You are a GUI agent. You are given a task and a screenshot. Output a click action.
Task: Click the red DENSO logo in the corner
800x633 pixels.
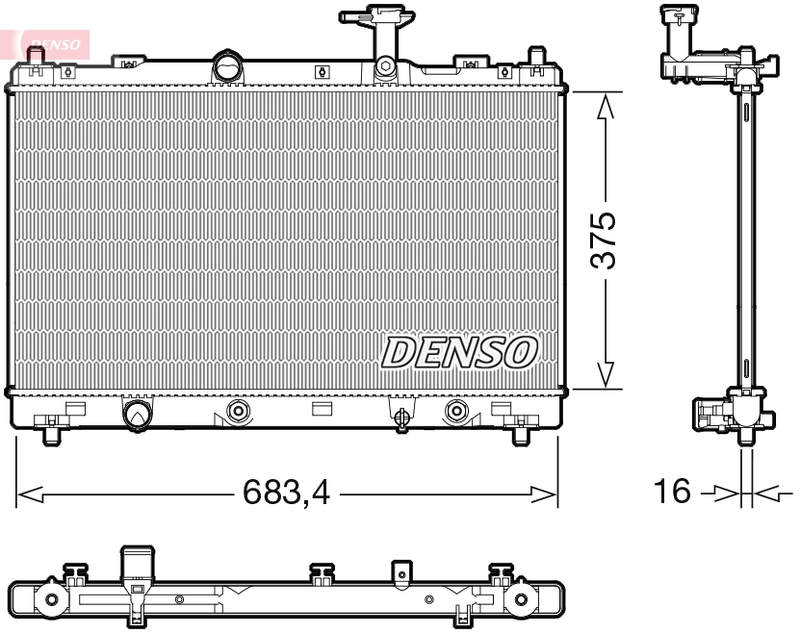tap(50, 42)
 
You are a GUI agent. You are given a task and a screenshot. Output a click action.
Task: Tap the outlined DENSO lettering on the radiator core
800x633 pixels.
tap(459, 352)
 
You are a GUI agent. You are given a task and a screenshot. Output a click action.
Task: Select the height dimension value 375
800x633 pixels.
tap(604, 241)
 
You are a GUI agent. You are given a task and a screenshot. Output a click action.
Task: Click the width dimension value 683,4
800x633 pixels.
tap(286, 494)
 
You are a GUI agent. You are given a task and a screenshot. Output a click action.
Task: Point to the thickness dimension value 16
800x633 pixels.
tap(673, 493)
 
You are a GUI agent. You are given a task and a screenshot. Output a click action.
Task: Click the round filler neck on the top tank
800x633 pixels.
tap(228, 69)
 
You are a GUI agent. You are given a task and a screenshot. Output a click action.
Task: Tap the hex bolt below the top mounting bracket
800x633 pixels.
tap(385, 66)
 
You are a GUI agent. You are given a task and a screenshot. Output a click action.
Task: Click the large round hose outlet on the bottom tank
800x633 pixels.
tap(137, 414)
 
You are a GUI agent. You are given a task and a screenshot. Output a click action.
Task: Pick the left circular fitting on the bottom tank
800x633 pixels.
tap(238, 413)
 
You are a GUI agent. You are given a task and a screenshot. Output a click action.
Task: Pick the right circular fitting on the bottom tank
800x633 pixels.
tap(455, 413)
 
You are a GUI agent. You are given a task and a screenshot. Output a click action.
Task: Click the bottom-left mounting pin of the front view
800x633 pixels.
tap(52, 435)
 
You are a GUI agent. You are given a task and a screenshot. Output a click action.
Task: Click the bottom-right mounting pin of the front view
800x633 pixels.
tap(520, 435)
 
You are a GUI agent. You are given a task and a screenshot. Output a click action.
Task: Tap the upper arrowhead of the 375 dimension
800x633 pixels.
tap(605, 109)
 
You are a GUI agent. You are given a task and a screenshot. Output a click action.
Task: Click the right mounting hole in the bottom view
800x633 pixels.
tap(521, 600)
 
